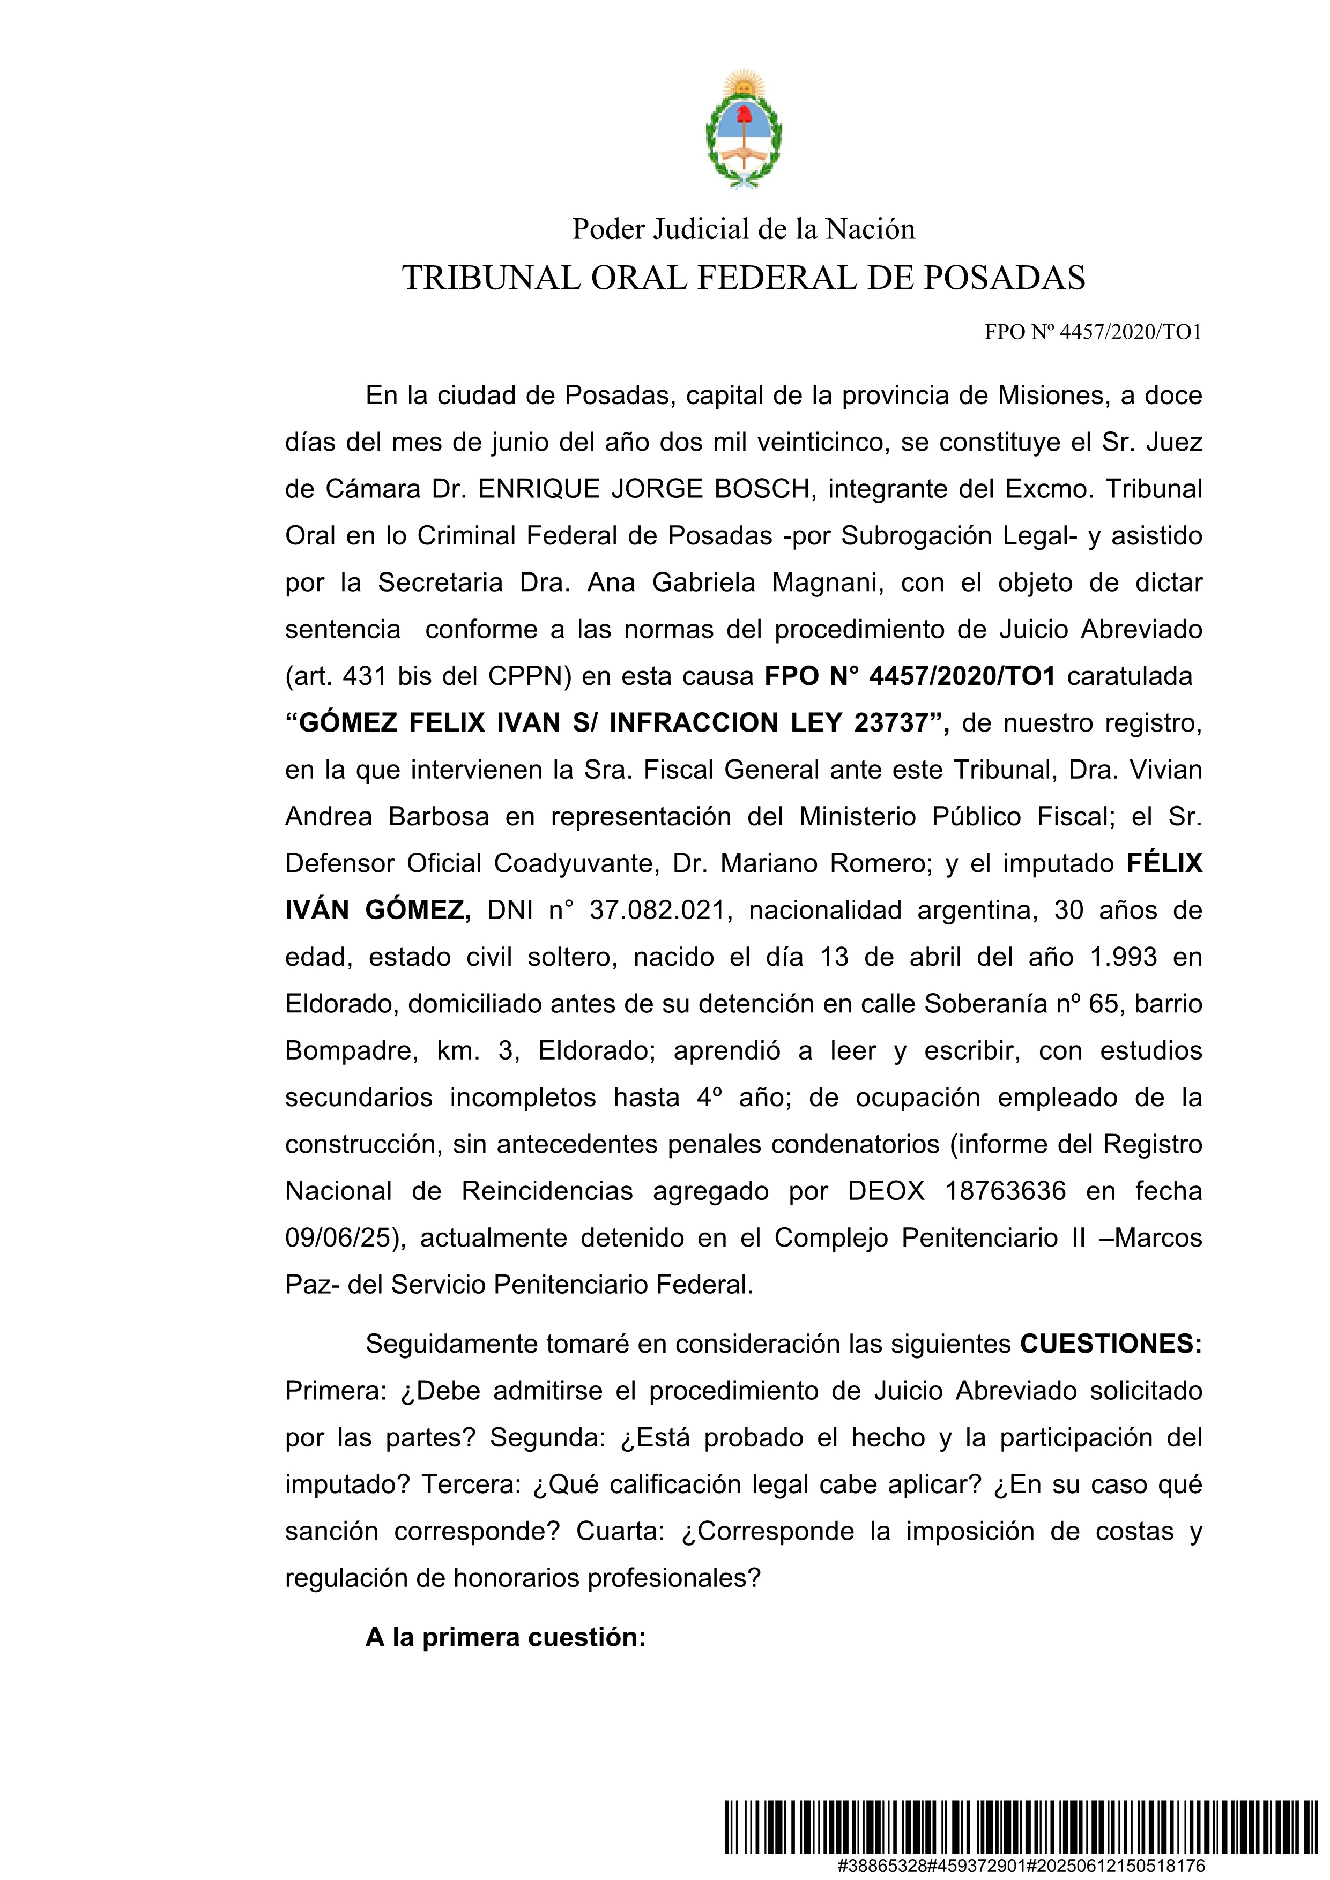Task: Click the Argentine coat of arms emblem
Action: pos(743,129)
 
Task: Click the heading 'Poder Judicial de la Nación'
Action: pos(743,229)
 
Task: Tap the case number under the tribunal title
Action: pos(1093,332)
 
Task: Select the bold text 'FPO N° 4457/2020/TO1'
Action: pos(909,676)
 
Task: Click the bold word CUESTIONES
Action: pos(1110,1344)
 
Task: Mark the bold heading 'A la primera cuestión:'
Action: pos(506,1637)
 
